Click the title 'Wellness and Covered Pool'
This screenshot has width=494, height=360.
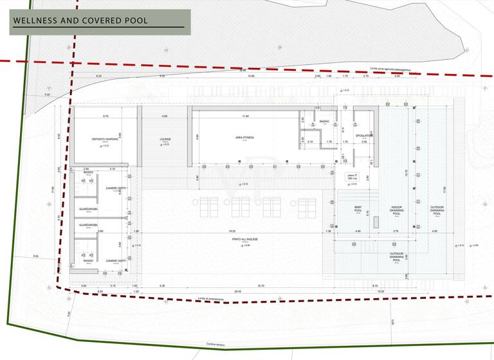80,21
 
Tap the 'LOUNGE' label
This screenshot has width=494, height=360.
165,139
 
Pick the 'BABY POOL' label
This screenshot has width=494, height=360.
358,208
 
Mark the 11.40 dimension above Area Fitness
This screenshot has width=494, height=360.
245,116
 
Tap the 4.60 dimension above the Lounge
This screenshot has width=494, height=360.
165,116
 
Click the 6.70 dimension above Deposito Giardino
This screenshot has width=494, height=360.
105,116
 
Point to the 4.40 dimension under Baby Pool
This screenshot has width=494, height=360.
358,230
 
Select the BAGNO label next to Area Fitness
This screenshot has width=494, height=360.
324,122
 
